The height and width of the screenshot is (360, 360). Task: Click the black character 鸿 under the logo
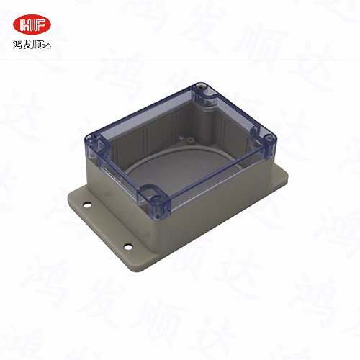pos(17,45)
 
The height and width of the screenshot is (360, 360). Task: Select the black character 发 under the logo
pos(27,45)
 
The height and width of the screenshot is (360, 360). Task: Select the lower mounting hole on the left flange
pos(130,246)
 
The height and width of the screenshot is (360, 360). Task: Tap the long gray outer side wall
pos(216,209)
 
